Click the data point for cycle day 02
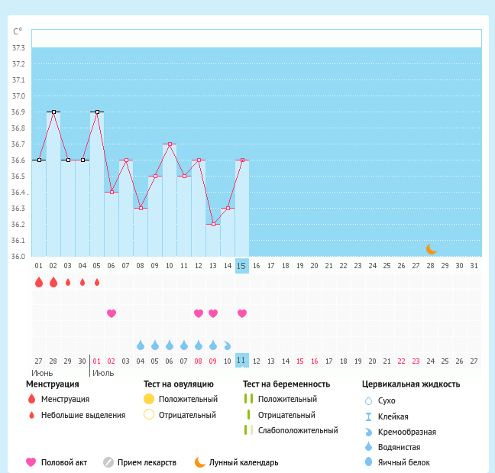tap(53, 112)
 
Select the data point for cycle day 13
tap(213, 224)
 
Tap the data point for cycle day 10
tap(170, 144)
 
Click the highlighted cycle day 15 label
tap(241, 266)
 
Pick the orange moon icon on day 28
tap(432, 249)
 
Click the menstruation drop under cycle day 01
tap(39, 282)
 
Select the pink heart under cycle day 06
tap(112, 313)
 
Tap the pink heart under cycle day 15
tap(242, 313)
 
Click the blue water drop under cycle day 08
tap(141, 345)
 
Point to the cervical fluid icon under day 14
tap(228, 345)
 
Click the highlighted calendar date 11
tap(241, 361)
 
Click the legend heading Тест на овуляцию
tap(178, 384)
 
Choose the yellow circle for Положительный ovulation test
tap(149, 399)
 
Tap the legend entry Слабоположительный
tap(298, 430)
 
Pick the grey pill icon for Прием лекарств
tap(108, 462)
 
